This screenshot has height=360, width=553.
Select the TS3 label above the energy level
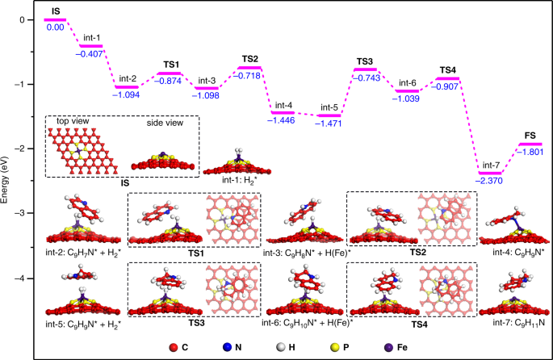pyautogui.click(x=365, y=61)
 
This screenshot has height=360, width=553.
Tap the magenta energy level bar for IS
pyautogui.click(x=55, y=19)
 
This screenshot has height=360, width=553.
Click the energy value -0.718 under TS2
pyautogui.click(x=249, y=75)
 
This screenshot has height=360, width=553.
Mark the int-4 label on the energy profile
pyautogui.click(x=284, y=105)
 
